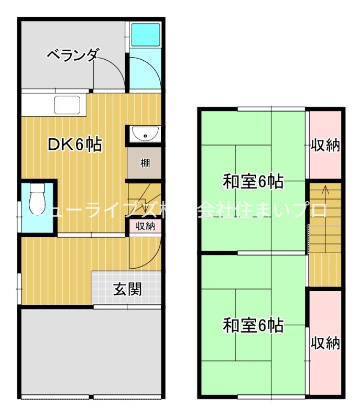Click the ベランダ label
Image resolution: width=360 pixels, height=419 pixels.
72,54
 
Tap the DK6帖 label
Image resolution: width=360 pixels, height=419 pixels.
75,144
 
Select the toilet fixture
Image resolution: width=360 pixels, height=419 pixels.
37,197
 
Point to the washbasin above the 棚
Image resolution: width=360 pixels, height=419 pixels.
144,134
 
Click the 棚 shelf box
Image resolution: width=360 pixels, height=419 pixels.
145,163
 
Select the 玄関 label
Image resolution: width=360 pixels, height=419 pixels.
128,289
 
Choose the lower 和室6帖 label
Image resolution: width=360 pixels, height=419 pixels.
253,325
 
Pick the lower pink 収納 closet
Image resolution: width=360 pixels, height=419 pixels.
325,343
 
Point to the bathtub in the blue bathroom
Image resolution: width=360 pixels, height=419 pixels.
145,35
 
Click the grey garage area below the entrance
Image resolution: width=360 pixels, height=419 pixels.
90,351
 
